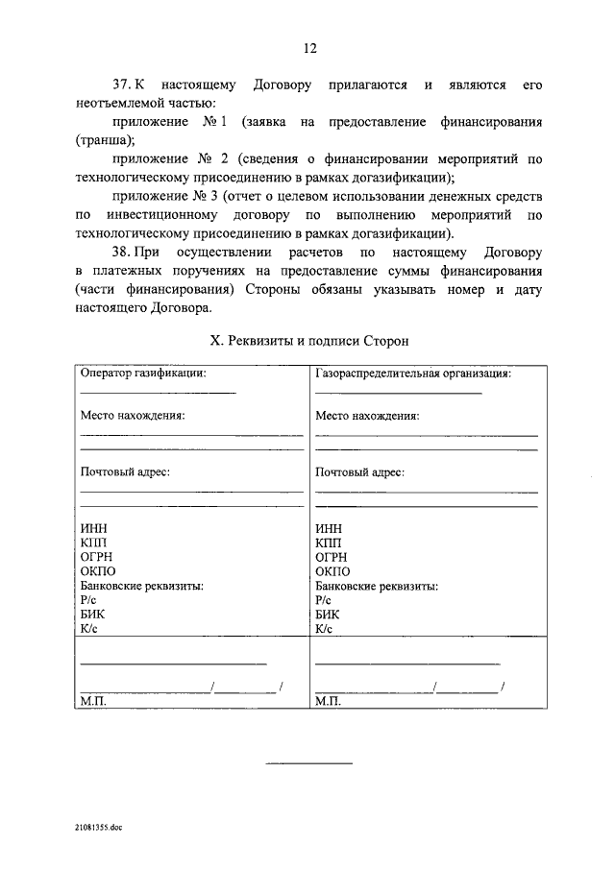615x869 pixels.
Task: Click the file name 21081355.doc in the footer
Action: (101, 826)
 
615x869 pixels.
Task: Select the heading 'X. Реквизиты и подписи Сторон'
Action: (308, 341)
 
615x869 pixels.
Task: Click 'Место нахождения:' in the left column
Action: (132, 416)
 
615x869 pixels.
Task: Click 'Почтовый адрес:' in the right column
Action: (359, 472)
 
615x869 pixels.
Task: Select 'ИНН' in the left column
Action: (92, 528)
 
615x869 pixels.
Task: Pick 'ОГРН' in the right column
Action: (331, 557)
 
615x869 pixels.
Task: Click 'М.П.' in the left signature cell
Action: (93, 702)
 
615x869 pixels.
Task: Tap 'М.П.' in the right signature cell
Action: (328, 702)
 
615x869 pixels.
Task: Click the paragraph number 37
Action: (124, 85)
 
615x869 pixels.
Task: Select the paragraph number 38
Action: (124, 253)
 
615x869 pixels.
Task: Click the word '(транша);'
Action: (108, 140)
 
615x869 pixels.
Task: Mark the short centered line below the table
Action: (308, 763)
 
